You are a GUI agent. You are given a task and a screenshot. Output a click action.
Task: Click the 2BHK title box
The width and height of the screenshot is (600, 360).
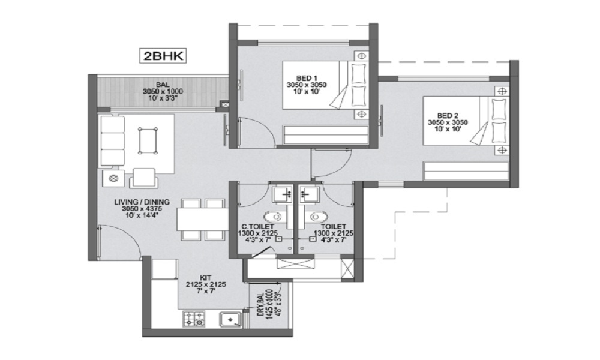point(163,56)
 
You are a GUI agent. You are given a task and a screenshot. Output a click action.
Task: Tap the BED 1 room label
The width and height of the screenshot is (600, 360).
point(307,78)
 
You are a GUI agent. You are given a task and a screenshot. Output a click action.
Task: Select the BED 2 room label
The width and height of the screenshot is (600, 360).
point(448,115)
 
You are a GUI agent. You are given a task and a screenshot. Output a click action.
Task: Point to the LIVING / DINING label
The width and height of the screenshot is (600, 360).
point(142,202)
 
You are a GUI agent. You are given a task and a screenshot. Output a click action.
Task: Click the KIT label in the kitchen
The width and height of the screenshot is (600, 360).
point(205,277)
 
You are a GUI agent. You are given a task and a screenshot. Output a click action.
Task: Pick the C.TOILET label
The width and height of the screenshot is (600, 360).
point(257,226)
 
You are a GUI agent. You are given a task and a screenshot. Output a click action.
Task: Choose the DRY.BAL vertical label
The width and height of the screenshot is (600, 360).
point(260,304)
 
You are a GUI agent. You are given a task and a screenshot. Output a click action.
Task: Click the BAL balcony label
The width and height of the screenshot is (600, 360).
point(163,85)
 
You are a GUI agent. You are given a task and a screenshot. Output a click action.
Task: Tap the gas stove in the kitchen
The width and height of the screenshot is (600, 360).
point(194,319)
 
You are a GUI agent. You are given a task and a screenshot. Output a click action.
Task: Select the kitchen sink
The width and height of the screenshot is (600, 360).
point(230,319)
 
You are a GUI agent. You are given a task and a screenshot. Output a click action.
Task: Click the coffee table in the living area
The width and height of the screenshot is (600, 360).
point(148,140)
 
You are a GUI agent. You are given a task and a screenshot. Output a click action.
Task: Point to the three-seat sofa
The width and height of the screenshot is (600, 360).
point(113,141)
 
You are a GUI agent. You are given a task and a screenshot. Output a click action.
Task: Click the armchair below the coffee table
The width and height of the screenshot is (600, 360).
point(144,178)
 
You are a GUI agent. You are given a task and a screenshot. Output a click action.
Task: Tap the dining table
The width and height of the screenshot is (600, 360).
point(202,219)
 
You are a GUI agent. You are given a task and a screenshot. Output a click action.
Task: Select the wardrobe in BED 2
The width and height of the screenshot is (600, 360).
point(466,170)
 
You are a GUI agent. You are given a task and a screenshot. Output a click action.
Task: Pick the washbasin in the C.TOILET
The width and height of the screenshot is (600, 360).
point(284,194)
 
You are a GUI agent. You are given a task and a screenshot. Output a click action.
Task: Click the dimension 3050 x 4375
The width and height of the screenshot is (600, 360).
point(142,209)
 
